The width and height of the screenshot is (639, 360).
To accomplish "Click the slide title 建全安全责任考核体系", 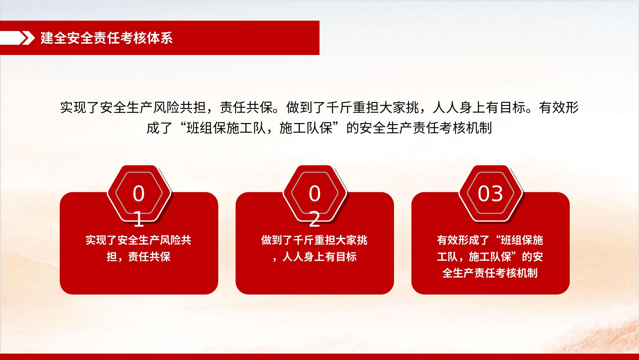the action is [107, 38].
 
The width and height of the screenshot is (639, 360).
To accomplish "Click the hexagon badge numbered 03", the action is [490, 193].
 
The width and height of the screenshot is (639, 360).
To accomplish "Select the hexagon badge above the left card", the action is [139, 193].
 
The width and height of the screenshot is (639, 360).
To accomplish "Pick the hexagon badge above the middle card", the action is [315, 193].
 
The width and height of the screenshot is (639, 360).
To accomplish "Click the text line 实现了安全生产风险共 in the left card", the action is [139, 240].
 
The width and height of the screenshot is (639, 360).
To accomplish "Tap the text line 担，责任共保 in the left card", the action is [139, 257].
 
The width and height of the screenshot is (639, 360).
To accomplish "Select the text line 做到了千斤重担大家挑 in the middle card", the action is [314, 240].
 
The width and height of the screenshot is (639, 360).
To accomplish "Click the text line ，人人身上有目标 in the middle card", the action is [314, 257].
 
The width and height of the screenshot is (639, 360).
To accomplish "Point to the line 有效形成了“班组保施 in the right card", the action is [490, 240].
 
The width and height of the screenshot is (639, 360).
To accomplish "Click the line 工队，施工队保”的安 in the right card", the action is [490, 257].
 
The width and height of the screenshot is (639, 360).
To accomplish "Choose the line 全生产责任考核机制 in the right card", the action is [490, 273].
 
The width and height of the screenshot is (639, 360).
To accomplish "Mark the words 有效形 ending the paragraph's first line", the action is [559, 107].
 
